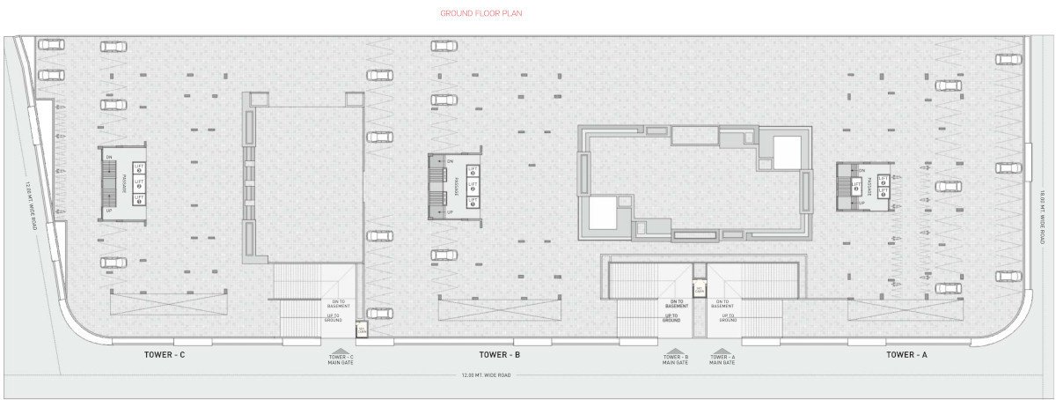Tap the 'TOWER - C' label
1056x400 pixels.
(165, 354)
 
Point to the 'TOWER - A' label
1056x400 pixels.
(906, 354)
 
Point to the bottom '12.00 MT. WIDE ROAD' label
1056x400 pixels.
(487, 375)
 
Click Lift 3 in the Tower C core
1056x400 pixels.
(138, 167)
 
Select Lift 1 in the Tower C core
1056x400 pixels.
(138, 198)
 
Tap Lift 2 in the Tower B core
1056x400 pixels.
(473, 188)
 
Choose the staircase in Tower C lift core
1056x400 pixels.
(109, 182)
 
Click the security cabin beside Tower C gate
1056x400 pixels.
(361, 330)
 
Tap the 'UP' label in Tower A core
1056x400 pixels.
(861, 203)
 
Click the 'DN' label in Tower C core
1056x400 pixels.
(109, 157)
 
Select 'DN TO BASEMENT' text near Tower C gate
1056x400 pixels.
(339, 305)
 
